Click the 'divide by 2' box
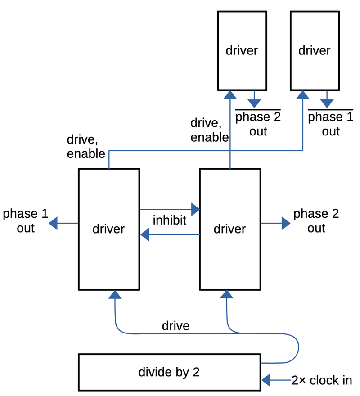169,372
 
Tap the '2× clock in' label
322,380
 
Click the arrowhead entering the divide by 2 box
266,380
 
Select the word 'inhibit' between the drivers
170,220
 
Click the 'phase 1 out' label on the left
26,220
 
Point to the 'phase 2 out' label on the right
316,220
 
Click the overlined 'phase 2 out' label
258,124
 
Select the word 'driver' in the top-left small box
242,50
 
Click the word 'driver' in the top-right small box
315,50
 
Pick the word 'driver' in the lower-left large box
108,229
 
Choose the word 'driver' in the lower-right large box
229,229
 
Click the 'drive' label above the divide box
175,325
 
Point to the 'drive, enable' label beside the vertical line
210,130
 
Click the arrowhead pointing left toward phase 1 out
53,223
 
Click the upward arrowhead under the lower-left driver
116,294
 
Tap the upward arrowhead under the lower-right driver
227,294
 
